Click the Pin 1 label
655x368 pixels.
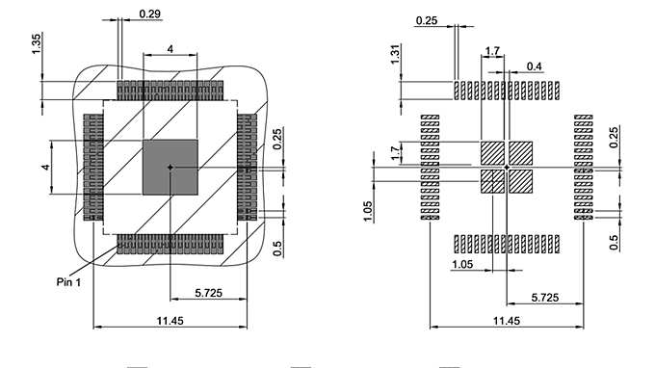click(70, 282)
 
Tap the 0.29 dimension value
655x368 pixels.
click(150, 13)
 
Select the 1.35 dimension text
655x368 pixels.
click(37, 44)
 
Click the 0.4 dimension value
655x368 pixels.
click(535, 66)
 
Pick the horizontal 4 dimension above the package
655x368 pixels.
click(170, 48)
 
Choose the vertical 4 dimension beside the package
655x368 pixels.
click(44, 168)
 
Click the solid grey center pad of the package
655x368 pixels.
click(170, 167)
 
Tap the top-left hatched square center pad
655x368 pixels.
click(492, 153)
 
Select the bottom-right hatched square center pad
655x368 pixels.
click(520, 181)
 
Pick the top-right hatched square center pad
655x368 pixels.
click(520, 153)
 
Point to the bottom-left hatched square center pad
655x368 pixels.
click(492, 181)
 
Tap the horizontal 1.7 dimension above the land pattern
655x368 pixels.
click(492, 50)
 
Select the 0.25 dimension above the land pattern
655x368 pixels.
click(428, 20)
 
